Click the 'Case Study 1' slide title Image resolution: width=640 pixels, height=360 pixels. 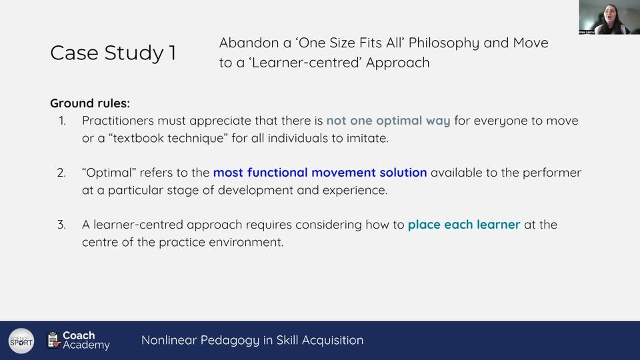[113, 53]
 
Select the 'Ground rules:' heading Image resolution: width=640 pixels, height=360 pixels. [90, 103]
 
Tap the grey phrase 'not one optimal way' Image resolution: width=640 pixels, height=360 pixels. [388, 121]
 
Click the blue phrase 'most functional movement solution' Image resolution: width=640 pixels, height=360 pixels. [320, 173]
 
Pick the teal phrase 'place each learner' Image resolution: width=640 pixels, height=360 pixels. [464, 225]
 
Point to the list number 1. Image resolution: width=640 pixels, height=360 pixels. [62, 121]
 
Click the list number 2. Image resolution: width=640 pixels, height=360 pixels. [61, 173]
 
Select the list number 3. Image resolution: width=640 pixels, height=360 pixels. [61, 225]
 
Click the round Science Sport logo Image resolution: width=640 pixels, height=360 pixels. [21, 341]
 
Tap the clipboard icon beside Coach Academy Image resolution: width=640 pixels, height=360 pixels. [53, 340]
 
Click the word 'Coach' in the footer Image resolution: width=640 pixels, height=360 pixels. [79, 335]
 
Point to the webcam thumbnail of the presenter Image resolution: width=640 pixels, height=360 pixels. [609, 17]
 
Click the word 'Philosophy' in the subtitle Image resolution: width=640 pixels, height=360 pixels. [444, 43]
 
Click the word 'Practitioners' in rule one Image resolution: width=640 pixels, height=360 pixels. [118, 121]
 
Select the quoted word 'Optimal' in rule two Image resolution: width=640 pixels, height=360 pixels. [109, 173]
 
